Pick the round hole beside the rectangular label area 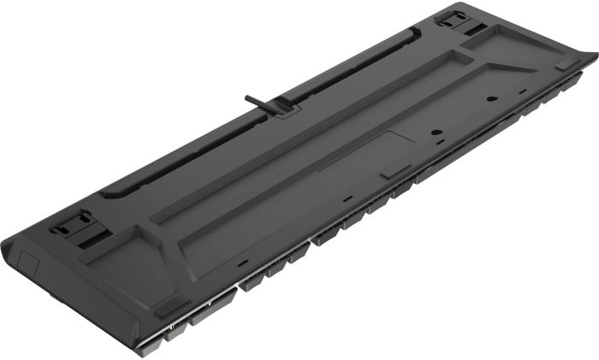pyautogui.click(x=437, y=135)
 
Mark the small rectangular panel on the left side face pyautogui.click(x=26, y=256)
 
